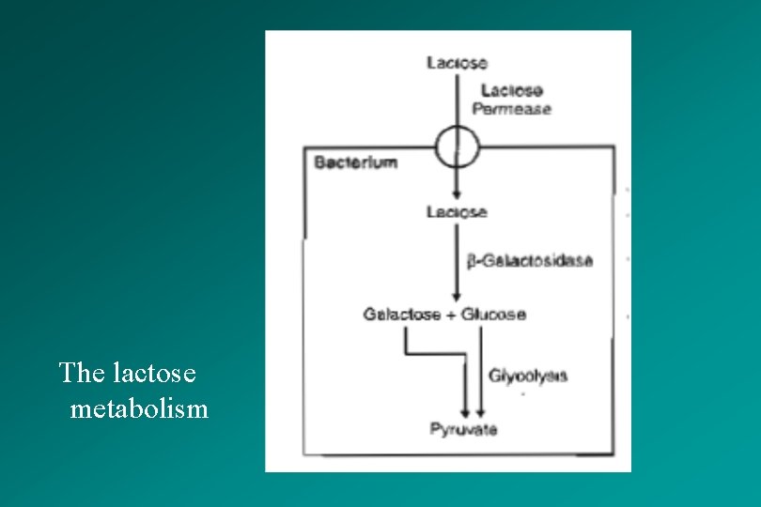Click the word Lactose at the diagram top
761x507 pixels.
tap(457, 62)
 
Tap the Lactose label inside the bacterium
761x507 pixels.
tap(457, 212)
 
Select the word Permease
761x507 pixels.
tap(511, 109)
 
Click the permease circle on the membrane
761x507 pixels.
tap(457, 146)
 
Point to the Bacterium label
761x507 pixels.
tap(355, 161)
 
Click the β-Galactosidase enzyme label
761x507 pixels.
tap(530, 260)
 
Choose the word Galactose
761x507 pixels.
tap(402, 315)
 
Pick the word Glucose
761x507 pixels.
tap(493, 315)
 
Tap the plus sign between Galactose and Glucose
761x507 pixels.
tap(451, 315)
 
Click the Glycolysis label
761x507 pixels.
tap(528, 376)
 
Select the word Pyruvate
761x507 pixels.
tap(463, 430)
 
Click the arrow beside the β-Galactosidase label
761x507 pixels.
tap(457, 263)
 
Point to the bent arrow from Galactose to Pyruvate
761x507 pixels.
tap(437, 354)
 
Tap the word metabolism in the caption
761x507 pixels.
tap(139, 409)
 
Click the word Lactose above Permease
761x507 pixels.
tap(511, 91)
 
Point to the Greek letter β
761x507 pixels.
tap(473, 261)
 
